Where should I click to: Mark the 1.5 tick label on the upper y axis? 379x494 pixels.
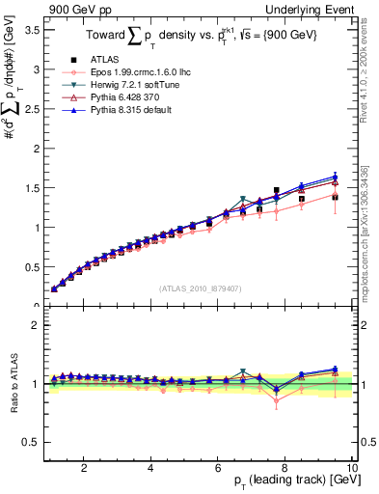tap(32, 188)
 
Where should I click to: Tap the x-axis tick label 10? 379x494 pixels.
tap(353, 468)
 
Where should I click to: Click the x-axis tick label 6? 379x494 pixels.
tap(219, 468)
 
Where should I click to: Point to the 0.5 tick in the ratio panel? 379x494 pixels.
tap(32, 442)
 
